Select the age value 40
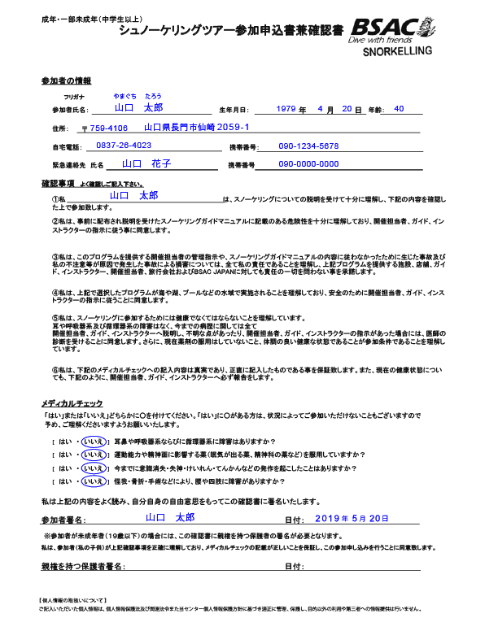pos(398,108)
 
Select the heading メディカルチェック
pos(72,403)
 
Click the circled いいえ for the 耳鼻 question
pos(94,441)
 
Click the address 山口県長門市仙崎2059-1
pos(196,128)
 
